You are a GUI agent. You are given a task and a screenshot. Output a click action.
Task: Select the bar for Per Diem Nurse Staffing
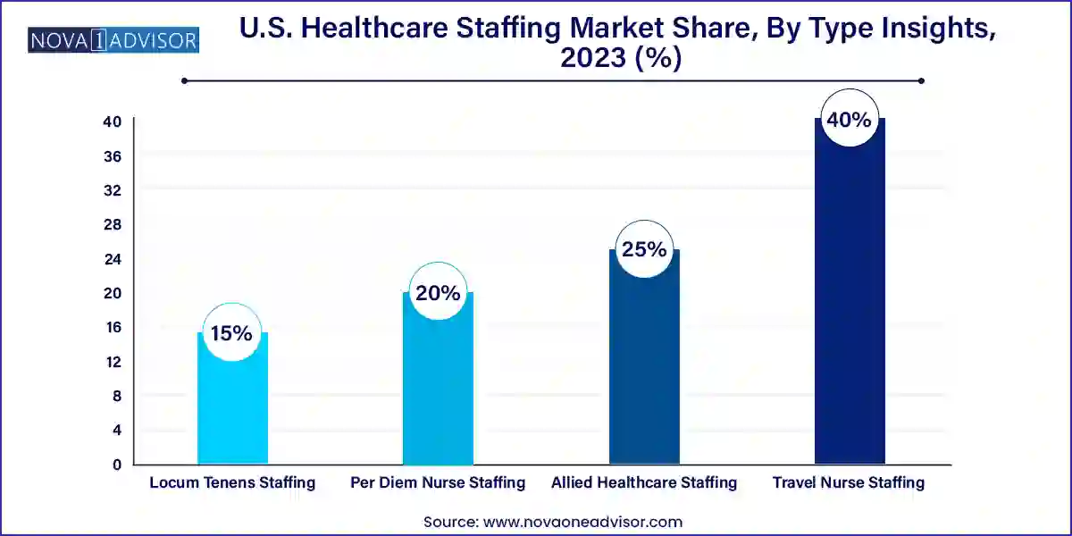point(438,384)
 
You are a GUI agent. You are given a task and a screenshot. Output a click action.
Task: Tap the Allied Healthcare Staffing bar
point(644,366)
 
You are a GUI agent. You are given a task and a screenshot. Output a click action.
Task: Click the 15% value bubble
point(231,334)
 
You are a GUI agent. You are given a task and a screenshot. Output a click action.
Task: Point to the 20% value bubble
point(438,293)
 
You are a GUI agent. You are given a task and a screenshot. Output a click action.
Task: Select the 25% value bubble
point(644,250)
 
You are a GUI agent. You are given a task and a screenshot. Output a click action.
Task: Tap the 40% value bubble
point(849,119)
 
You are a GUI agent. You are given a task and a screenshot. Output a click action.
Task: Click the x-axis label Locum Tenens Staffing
point(232,483)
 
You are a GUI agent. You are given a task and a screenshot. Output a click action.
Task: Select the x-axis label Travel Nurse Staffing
point(849,483)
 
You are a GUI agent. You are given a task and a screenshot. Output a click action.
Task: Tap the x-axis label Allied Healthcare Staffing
point(644,483)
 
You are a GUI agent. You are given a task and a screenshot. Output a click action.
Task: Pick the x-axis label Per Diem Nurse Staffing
point(438,483)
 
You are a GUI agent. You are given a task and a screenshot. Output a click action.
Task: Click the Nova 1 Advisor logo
point(113,40)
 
